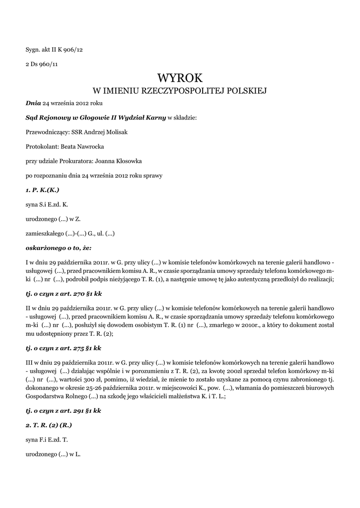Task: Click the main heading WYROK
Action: [x=180, y=78]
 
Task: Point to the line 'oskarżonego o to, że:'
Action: [x=58, y=247]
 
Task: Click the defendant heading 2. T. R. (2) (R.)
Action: [x=49, y=425]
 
